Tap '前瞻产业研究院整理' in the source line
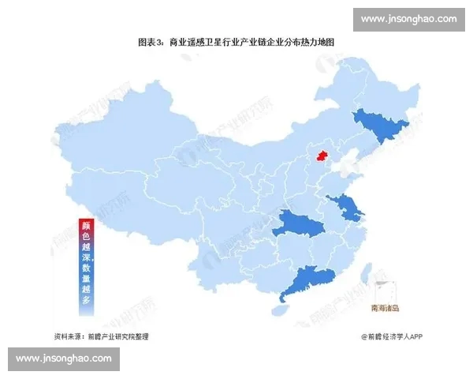(x=119, y=336)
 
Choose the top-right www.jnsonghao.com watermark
(x=409, y=18)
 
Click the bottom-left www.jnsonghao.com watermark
(x=64, y=358)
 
